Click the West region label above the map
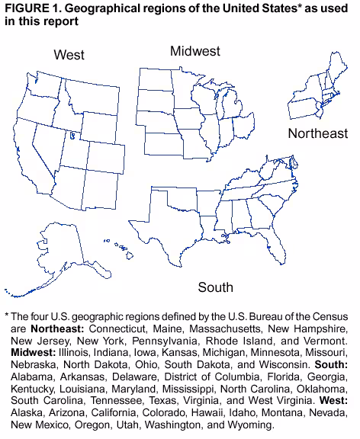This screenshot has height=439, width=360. pyautogui.click(x=69, y=55)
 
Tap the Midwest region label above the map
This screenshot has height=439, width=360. pyautogui.click(x=195, y=51)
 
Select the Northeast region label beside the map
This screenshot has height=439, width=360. pyautogui.click(x=317, y=134)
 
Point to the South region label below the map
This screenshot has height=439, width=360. pyautogui.click(x=216, y=287)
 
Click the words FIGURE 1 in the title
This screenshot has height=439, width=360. pyautogui.click(x=30, y=8)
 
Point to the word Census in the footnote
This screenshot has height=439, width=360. pyautogui.click(x=327, y=316)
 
